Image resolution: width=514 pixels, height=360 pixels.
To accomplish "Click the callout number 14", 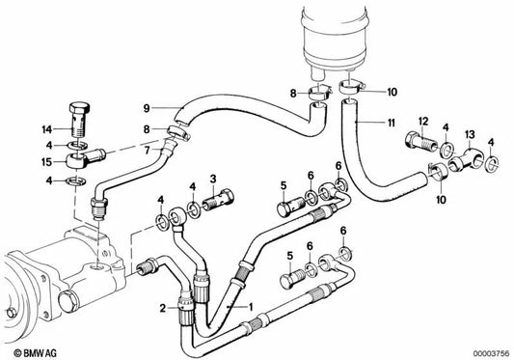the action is pyautogui.click(x=47, y=129).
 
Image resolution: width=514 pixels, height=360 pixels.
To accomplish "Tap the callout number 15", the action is pyautogui.click(x=47, y=162).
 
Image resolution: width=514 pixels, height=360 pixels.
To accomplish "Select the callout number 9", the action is pyautogui.click(x=147, y=108).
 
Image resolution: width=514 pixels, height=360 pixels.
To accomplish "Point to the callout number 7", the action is pyautogui.click(x=147, y=151).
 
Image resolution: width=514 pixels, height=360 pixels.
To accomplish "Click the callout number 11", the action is pyautogui.click(x=391, y=124).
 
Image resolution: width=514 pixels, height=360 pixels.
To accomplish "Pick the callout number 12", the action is pyautogui.click(x=423, y=122).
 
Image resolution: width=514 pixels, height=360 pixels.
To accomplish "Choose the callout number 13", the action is pyautogui.click(x=470, y=134).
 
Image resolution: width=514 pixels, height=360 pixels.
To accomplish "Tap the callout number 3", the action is pyautogui.click(x=213, y=179).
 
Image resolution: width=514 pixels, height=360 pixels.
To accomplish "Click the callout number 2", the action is pyautogui.click(x=163, y=309).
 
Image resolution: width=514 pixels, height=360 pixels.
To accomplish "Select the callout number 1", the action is pyautogui.click(x=251, y=307).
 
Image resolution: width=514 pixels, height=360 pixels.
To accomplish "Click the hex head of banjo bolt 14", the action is pyautogui.click(x=80, y=108).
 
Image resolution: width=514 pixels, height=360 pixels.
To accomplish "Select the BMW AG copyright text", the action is pyautogui.click(x=35, y=353).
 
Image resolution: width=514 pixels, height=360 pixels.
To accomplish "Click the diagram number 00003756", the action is pyautogui.click(x=491, y=354).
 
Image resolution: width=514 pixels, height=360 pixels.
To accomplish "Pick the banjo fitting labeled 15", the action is pyautogui.click(x=85, y=159).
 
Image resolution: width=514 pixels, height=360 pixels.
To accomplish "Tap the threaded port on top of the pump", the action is pyautogui.click(x=98, y=269).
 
